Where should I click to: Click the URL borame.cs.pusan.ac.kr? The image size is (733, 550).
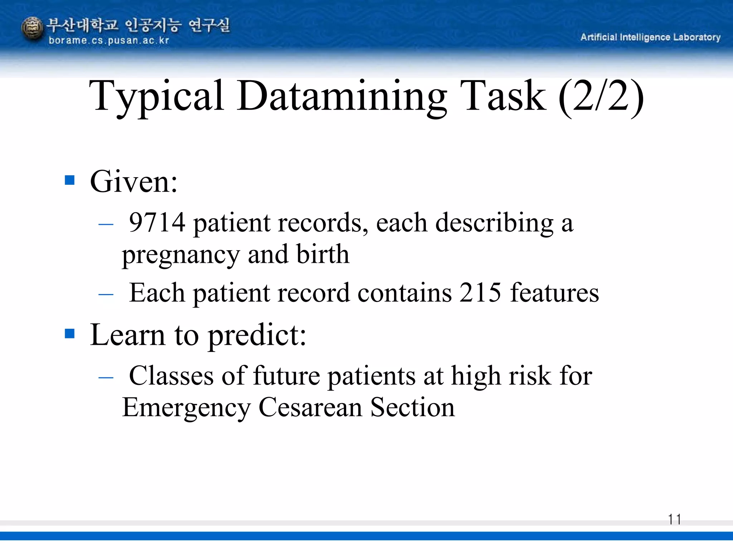(x=108, y=40)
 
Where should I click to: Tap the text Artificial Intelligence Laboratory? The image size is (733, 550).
(x=650, y=37)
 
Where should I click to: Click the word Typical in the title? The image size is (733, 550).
(x=156, y=96)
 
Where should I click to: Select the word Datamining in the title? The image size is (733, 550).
(x=341, y=96)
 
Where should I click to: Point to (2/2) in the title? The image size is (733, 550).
(x=601, y=96)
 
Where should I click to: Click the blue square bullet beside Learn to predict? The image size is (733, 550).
(x=70, y=333)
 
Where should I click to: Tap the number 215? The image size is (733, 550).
(x=480, y=293)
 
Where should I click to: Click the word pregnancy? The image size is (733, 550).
(x=181, y=255)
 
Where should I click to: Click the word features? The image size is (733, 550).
(x=554, y=293)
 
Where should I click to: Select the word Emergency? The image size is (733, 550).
(x=186, y=408)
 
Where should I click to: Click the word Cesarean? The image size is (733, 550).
(x=310, y=407)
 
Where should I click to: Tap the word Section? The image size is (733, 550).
(x=412, y=407)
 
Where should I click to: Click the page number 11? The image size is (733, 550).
(x=674, y=519)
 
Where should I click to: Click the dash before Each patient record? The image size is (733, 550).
(x=106, y=295)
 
